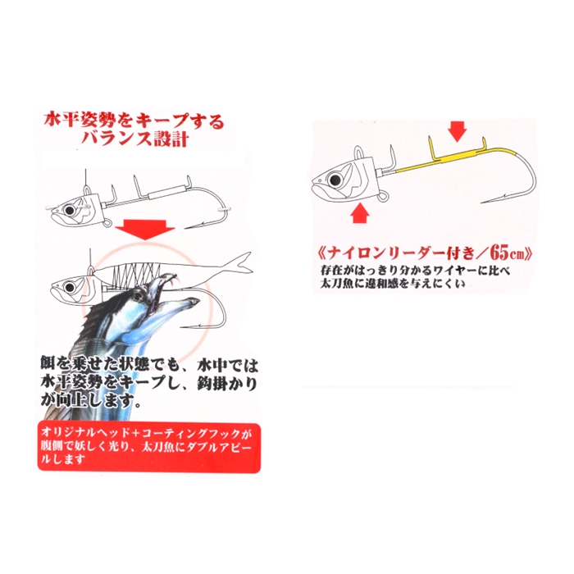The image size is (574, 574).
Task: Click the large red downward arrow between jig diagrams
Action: (145, 229)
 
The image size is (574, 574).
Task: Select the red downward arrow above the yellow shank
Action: (458, 130)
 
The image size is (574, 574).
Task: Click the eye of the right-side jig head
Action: (334, 180)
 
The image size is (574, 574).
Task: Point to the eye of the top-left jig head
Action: (69, 211)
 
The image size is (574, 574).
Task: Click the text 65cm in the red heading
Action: (507, 253)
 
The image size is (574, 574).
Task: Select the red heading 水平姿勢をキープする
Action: (133, 121)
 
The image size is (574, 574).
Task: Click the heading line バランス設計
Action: (135, 139)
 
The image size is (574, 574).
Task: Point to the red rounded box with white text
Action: (149, 448)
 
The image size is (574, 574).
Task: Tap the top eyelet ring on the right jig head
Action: (360, 150)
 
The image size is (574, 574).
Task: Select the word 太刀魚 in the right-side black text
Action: (335, 284)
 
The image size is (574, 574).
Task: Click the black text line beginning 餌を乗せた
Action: (149, 367)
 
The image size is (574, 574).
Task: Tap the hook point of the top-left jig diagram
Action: (190, 228)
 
